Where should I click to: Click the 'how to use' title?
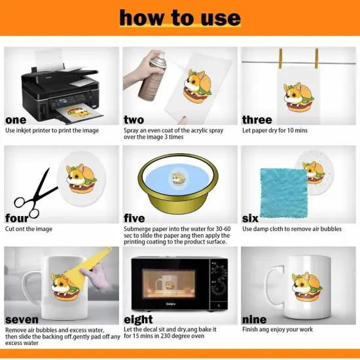point(180,18)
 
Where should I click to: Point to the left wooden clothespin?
point(280,58)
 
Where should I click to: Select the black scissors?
point(35,195)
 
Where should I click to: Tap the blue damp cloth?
point(284,193)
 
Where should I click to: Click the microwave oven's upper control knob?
point(217,270)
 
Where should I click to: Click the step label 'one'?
point(16,120)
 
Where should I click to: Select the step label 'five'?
point(134,218)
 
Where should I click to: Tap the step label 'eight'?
point(138,319)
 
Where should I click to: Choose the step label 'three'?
point(257,120)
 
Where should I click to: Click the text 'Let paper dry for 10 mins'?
point(275,130)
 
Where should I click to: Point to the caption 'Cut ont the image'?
point(29,229)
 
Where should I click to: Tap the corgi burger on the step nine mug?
point(307,286)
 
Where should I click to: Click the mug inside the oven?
point(166,283)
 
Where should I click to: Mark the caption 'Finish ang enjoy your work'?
point(278,329)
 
